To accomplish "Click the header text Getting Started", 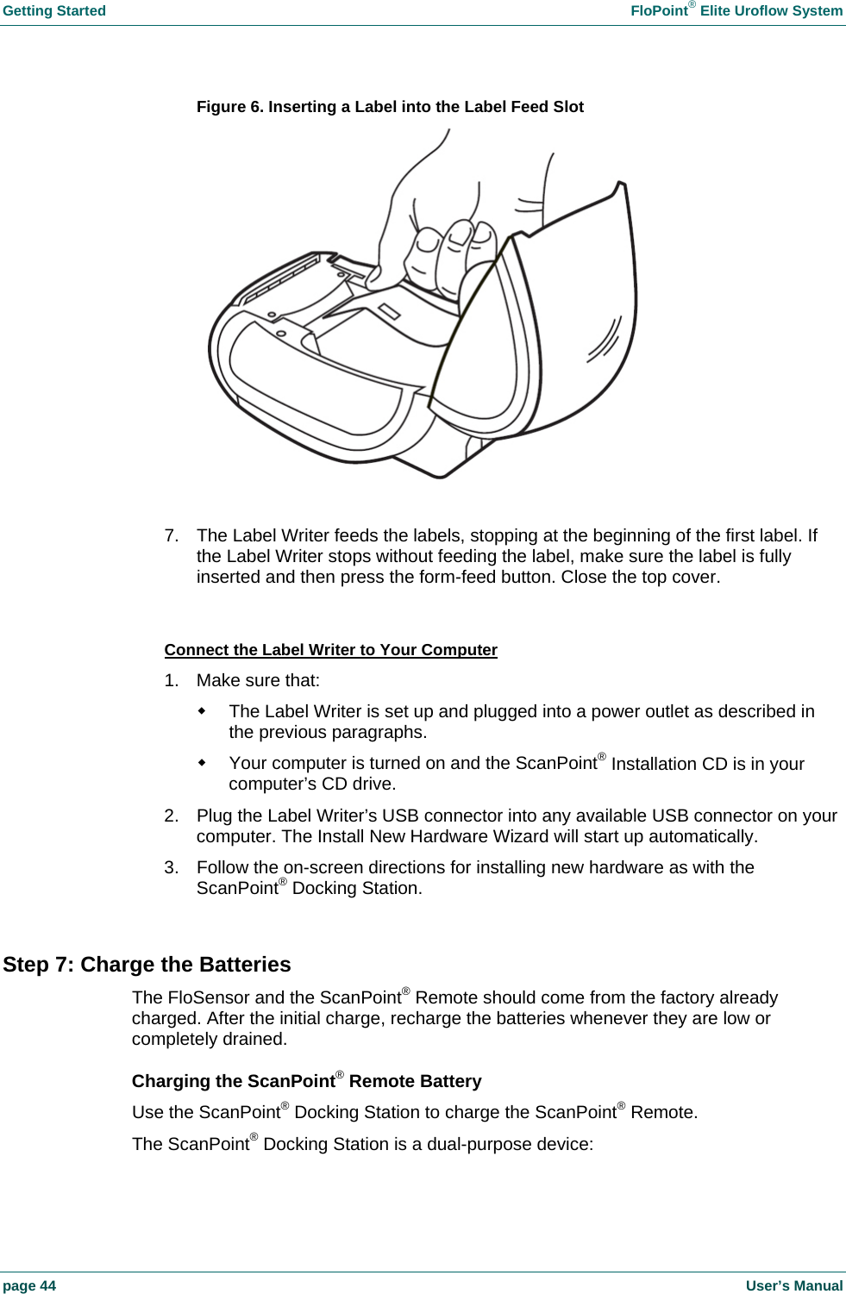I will (x=54, y=11).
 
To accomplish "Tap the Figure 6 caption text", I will (x=390, y=107).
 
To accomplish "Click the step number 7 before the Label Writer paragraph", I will (x=171, y=535).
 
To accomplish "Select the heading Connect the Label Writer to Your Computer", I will (x=330, y=650).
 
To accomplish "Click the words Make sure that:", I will (x=258, y=681).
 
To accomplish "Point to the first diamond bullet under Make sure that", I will (x=202, y=711).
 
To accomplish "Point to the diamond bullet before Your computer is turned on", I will (x=202, y=763).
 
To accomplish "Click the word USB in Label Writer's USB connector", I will (x=400, y=816).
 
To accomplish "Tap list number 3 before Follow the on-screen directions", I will (x=171, y=868).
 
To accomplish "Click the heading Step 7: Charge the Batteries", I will (x=147, y=965).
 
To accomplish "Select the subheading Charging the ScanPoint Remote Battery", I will (x=306, y=1082).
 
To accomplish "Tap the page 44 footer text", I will (x=29, y=1285).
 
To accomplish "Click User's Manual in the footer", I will (x=793, y=1285).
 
